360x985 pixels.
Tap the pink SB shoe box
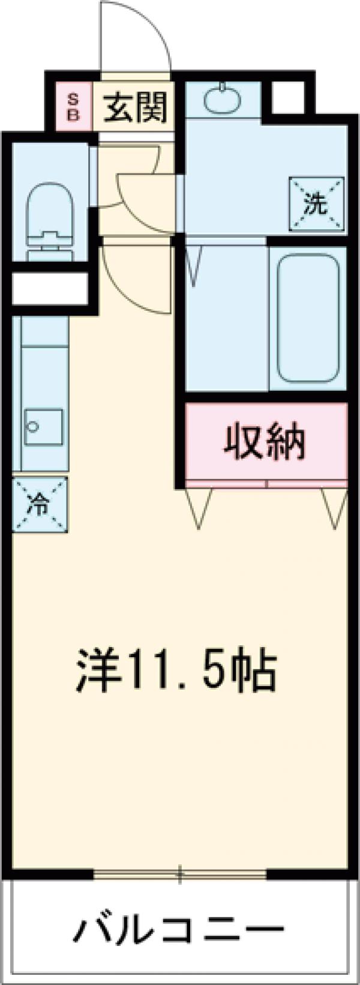point(73,107)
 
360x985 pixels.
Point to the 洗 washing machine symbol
point(316,205)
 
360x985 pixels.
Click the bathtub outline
point(308,318)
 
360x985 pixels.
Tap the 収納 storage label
point(265,442)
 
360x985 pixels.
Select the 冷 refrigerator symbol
point(39,504)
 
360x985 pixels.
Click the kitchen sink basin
point(43,427)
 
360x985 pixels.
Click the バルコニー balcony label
point(178,931)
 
